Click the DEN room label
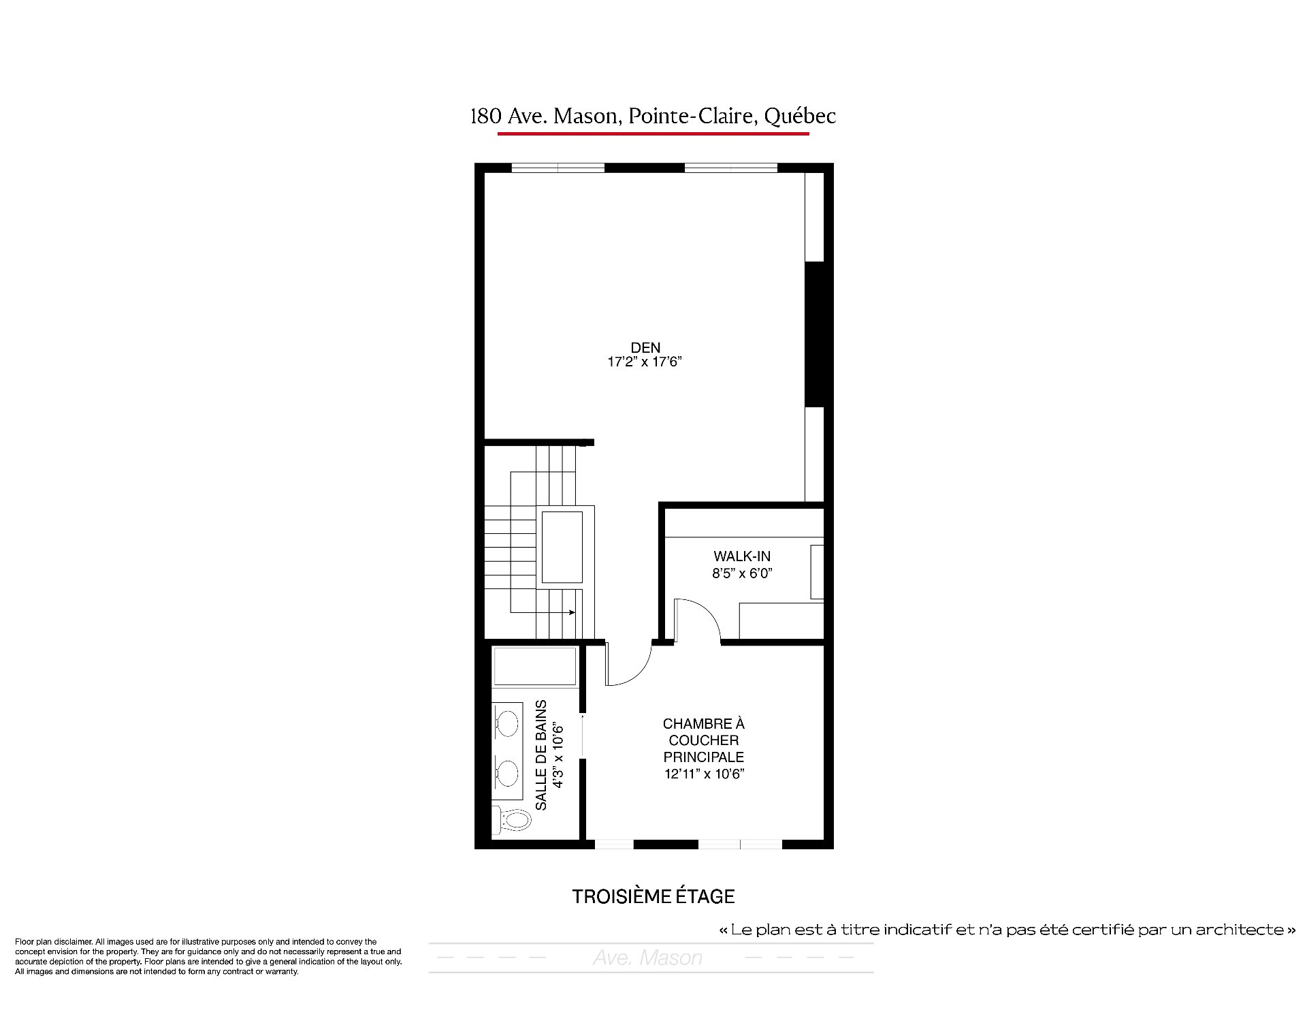645,348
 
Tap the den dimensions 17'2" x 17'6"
645,362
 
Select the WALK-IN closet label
742,556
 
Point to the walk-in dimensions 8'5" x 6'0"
742,573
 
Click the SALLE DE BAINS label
541,755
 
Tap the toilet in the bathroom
511,819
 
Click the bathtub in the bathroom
535,666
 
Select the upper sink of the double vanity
507,723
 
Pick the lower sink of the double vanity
507,772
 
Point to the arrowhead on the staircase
572,613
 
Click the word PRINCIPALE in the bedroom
704,757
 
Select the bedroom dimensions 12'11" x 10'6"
705,774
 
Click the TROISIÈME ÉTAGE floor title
653,896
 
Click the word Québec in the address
800,117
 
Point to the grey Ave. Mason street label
647,958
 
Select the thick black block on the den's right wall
815,334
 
